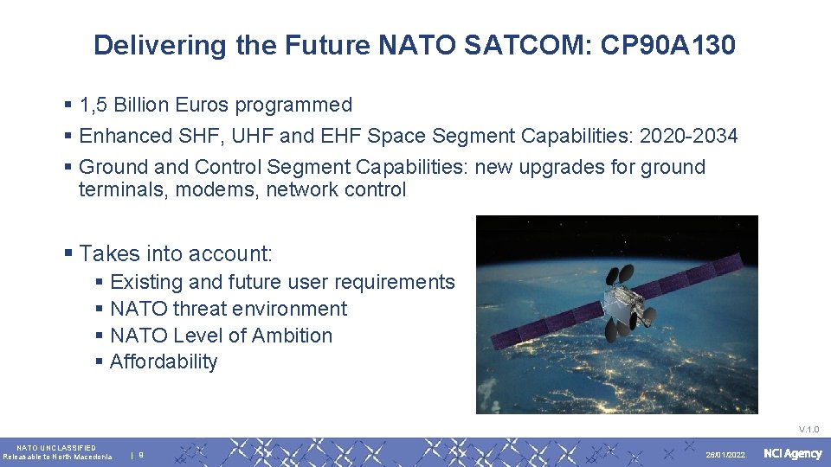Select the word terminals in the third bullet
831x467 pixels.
click(x=123, y=189)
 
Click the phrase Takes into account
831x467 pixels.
click(x=175, y=253)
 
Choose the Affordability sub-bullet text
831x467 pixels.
click(x=164, y=361)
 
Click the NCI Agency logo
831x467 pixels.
click(x=792, y=454)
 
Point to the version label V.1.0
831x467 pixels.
click(x=808, y=429)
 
